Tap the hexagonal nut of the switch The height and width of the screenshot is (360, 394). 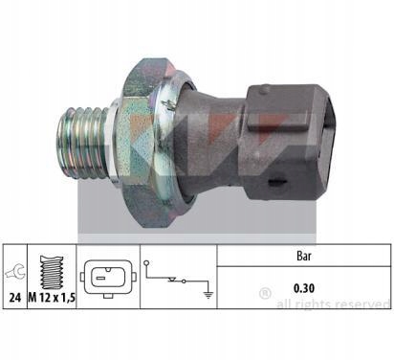click(x=145, y=143)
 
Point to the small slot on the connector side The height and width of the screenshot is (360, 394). click(x=278, y=182)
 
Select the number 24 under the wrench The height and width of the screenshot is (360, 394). click(x=14, y=298)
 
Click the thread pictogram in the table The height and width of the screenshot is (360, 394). click(x=52, y=272)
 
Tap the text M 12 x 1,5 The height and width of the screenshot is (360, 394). click(x=52, y=298)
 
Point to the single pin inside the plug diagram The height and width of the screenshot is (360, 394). click(x=100, y=278)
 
